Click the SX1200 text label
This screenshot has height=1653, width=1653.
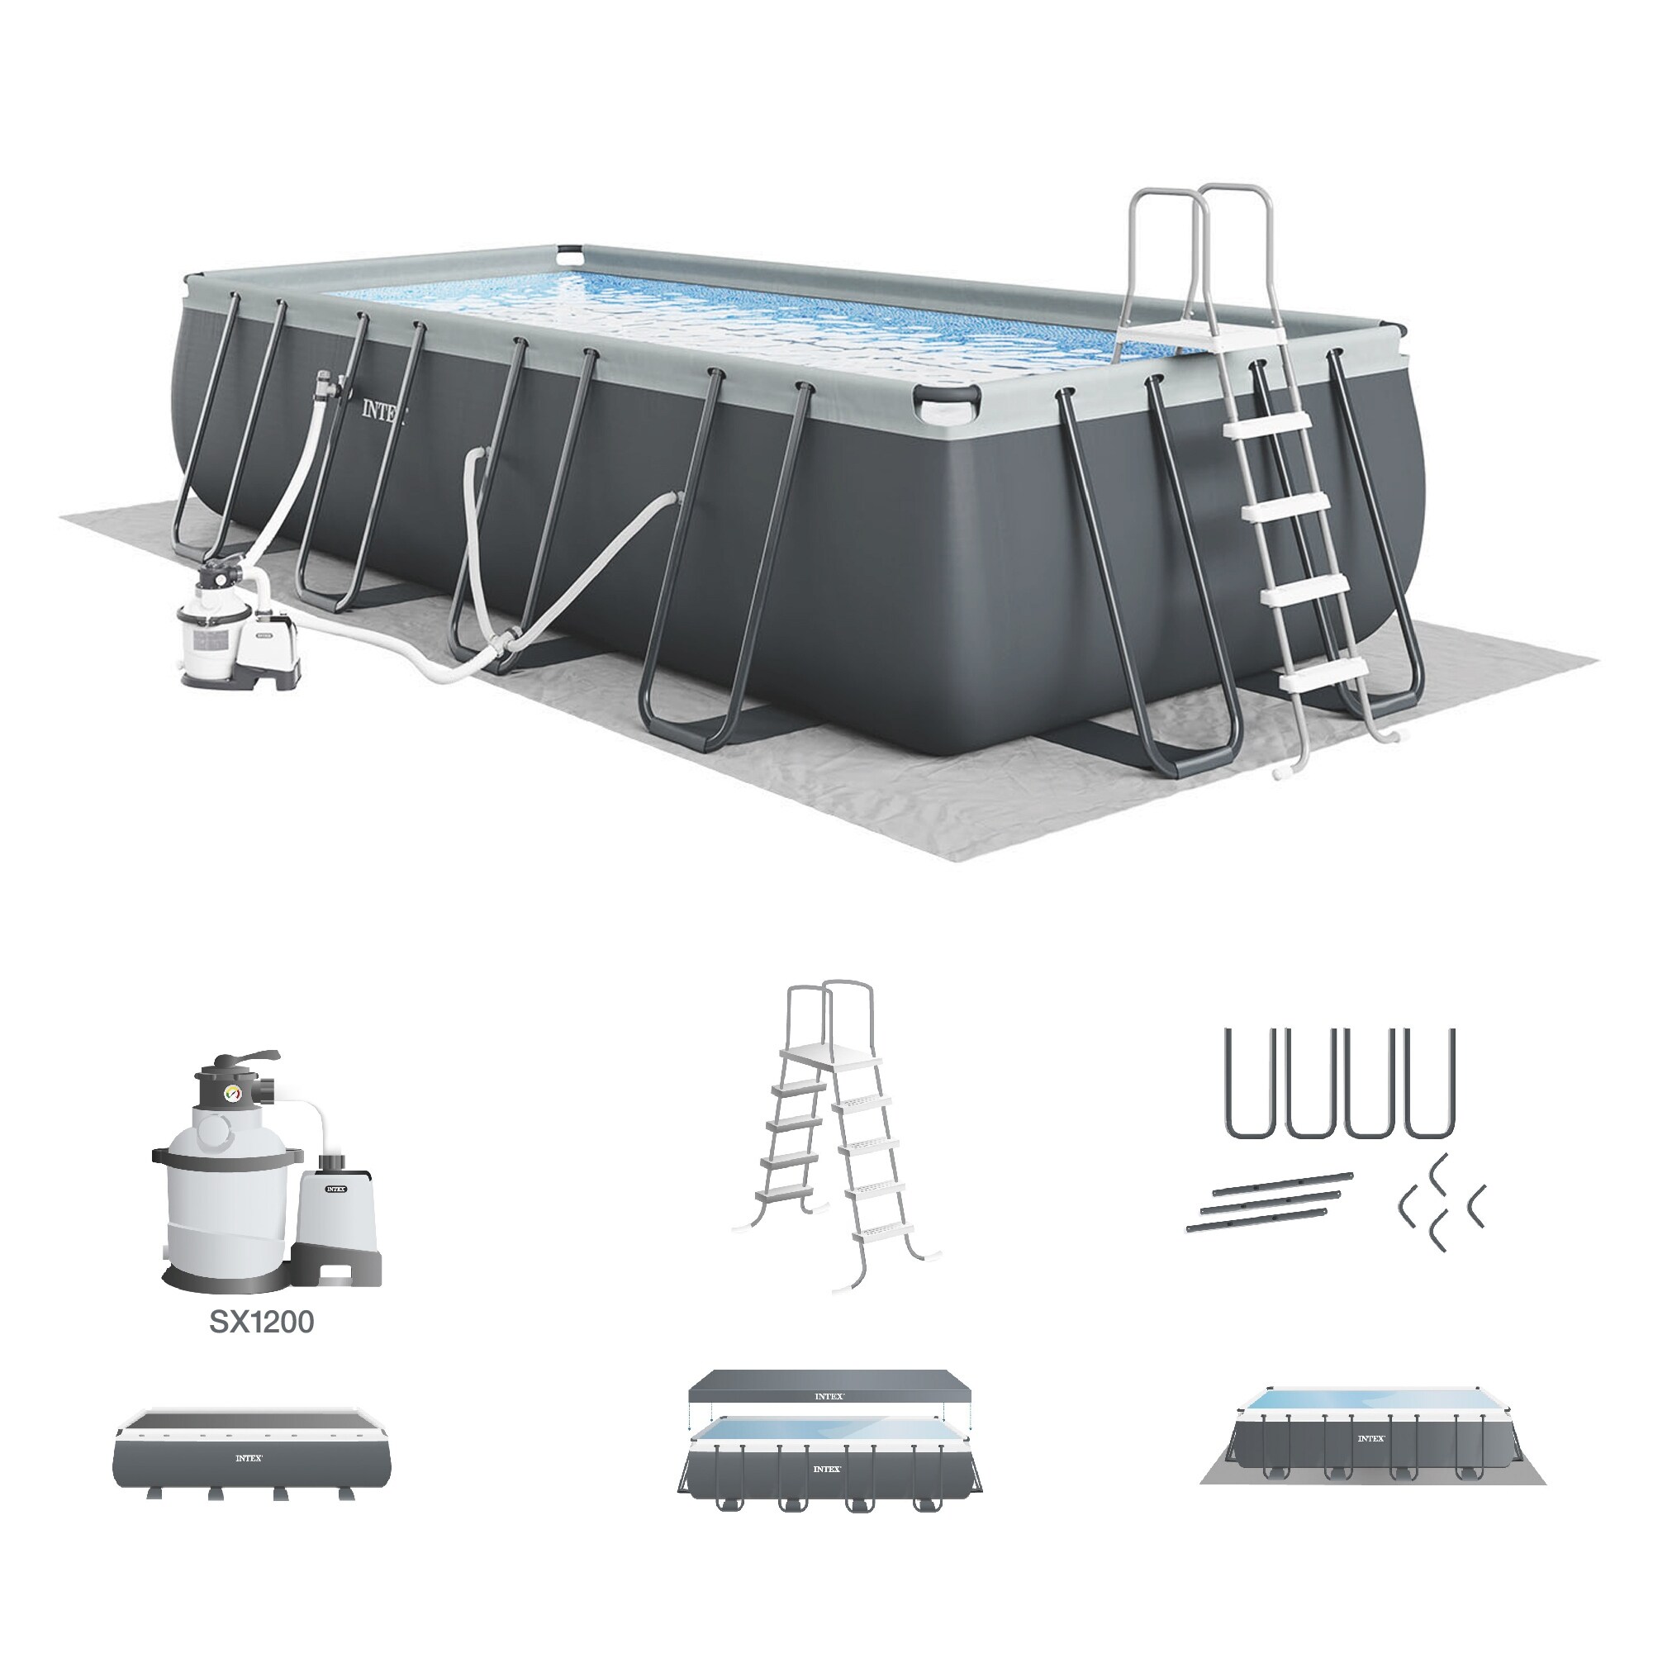pos(261,1322)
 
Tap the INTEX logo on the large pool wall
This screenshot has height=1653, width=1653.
pos(383,411)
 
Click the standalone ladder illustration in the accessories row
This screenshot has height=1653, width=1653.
pos(835,1138)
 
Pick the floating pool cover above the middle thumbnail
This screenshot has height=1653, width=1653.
pos(829,1397)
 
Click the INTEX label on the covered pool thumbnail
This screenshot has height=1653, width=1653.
pos(249,1458)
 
